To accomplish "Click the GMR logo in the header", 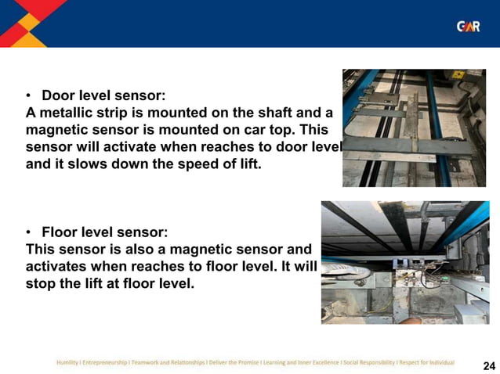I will [x=468, y=27].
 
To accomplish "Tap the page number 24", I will [x=489, y=365].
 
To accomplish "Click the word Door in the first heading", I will [x=58, y=95].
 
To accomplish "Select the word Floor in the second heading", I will [x=60, y=232].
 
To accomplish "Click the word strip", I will [x=123, y=112].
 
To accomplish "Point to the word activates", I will [x=56, y=267].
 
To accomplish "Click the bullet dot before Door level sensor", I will [x=29, y=96].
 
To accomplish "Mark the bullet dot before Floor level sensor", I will [x=29, y=233].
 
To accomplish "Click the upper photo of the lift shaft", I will [x=420, y=128].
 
